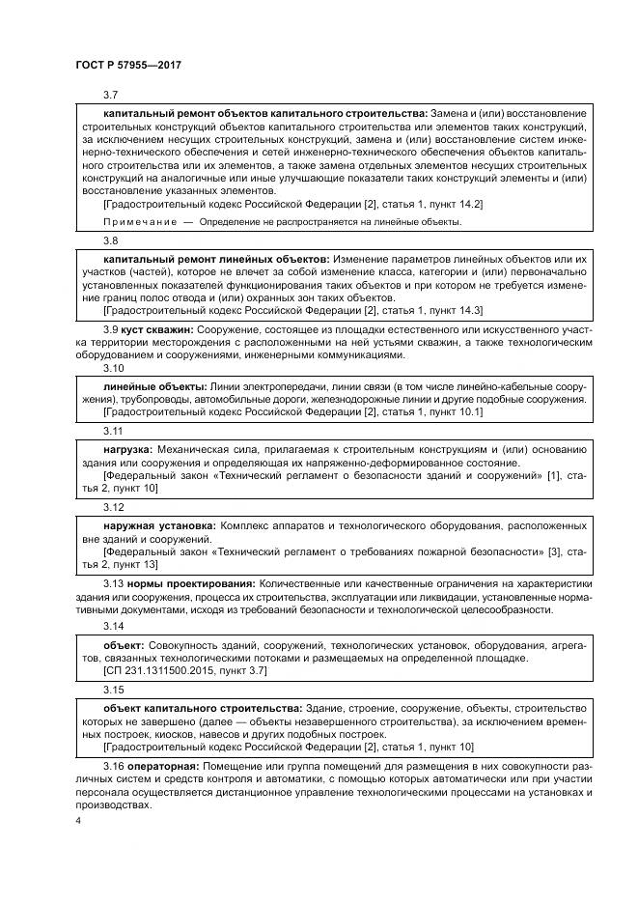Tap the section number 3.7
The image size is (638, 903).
tap(110, 96)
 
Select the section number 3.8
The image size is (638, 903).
tap(110, 240)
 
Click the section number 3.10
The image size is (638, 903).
tap(113, 369)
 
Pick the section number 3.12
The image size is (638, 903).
tap(113, 506)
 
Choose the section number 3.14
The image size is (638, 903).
tap(113, 625)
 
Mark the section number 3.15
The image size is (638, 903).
tap(113, 690)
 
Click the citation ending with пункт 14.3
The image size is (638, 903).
tap(292, 310)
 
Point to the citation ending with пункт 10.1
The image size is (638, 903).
tap(292, 411)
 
